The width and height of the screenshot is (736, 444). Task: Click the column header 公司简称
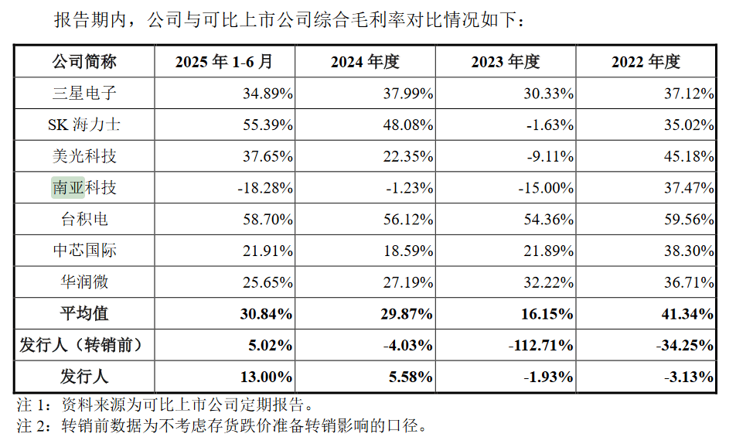coord(84,62)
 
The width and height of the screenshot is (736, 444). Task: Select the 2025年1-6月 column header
coord(224,62)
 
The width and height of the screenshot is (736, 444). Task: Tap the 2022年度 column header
coord(646,62)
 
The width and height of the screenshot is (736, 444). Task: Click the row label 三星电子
coord(84,94)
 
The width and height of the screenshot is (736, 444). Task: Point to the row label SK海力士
coord(84,125)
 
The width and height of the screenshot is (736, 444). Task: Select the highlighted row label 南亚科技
coord(84,188)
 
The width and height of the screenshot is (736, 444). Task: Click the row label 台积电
coord(84,219)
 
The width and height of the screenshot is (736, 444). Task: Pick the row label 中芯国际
coord(84,251)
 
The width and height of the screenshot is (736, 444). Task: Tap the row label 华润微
coord(84,282)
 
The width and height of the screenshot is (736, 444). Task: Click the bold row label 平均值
coord(84,313)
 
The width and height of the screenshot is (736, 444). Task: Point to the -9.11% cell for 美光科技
coord(548,156)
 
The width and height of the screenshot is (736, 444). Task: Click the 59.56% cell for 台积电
coord(688,219)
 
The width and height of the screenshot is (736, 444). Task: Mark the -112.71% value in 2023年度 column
coord(541,345)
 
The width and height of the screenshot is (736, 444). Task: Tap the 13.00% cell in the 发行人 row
coord(267,377)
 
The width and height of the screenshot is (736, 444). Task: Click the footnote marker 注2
coord(36,425)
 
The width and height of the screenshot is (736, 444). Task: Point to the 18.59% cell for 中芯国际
coord(407,251)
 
